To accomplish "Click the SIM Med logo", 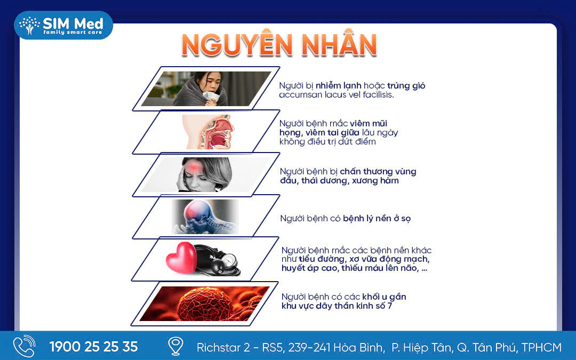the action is (63, 26).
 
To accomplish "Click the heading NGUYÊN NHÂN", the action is (279, 45).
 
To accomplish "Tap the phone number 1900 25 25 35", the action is (94, 347).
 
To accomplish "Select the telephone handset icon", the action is (24, 346).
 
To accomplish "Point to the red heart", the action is (181, 258).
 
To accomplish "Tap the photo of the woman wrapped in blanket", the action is (206, 89).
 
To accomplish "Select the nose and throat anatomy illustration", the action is (208, 132).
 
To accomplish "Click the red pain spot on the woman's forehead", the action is (195, 168).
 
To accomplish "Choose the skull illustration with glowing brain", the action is (205, 217).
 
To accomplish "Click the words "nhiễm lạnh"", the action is (338, 85).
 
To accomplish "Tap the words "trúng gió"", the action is (406, 85).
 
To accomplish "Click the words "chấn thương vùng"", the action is (378, 172).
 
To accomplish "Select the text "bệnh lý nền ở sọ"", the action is (377, 219).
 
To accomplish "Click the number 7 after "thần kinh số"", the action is (389, 306).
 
